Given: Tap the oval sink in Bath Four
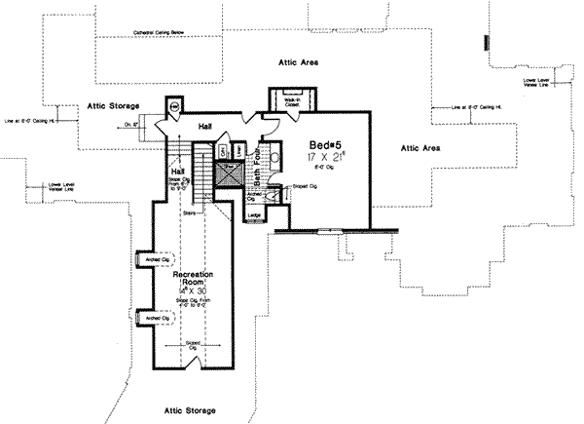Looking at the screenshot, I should coord(274,156).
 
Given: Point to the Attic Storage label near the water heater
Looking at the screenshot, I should coord(114,104).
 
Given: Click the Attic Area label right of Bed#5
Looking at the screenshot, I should coord(420,147).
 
